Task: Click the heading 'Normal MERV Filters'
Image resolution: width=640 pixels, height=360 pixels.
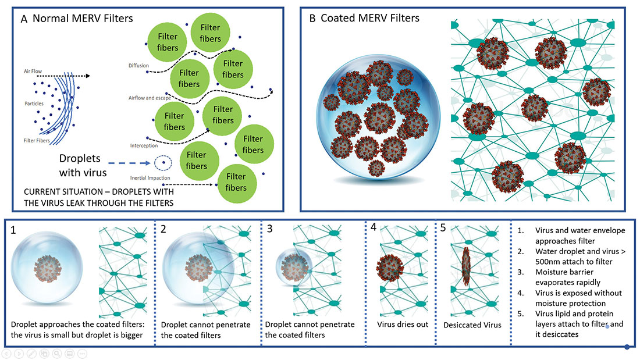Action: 83,19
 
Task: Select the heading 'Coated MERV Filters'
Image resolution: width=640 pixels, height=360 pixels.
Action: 370,19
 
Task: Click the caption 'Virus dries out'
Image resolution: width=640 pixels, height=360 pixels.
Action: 403,324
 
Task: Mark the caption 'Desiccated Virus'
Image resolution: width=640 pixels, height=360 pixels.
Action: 472,325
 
